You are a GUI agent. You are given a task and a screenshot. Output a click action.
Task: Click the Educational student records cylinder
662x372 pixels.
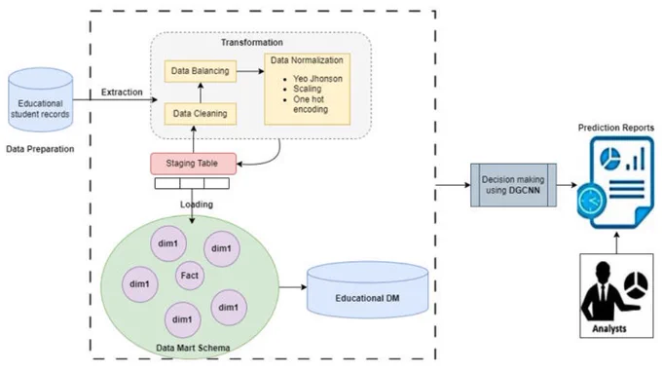41,99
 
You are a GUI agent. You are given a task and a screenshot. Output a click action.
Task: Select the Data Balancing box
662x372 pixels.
201,71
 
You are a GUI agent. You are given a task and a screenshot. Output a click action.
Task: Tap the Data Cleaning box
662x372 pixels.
201,114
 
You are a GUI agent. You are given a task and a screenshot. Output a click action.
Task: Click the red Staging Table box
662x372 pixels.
194,164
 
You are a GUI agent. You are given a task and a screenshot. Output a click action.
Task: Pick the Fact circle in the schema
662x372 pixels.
190,276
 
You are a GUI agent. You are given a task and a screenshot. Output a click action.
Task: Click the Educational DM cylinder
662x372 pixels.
367,289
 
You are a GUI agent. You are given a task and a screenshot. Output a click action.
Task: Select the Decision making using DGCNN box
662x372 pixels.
513,185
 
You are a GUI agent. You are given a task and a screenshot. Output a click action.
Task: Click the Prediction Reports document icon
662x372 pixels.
615,182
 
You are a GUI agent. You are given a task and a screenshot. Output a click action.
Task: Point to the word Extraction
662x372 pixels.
122,93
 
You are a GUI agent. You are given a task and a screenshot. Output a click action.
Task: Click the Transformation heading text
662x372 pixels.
251,42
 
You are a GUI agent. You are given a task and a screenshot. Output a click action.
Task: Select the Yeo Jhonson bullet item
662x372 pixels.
317,79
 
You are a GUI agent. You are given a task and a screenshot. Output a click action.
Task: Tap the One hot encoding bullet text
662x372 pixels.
311,104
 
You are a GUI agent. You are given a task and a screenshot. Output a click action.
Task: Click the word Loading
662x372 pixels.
197,205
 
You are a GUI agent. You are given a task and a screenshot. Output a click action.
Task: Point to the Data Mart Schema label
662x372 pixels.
193,348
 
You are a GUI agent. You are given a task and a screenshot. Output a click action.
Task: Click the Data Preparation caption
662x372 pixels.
40,149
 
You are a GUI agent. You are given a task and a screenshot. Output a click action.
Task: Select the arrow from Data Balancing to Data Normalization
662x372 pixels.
250,71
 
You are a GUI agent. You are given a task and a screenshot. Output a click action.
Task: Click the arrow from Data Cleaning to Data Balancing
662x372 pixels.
201,93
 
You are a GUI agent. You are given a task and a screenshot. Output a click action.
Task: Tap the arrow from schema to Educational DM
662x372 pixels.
293,287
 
